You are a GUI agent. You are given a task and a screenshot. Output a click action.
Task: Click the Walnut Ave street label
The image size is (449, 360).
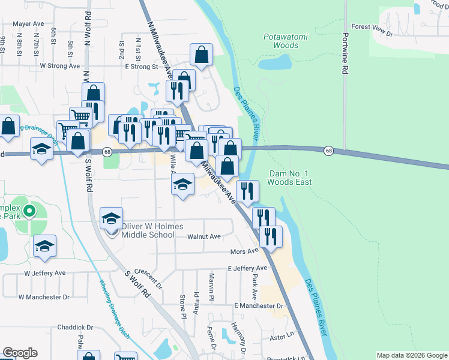(204, 236)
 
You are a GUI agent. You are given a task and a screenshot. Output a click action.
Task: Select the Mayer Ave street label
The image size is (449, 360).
(29, 24)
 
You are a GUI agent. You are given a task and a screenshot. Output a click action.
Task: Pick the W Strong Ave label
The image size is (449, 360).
(59, 65)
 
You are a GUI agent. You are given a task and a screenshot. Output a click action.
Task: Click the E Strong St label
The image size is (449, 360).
(141, 67)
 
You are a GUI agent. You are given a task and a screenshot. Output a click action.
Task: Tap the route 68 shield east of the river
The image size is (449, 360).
(329, 150)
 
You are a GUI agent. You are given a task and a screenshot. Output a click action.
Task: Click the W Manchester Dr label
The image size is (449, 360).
(44, 296)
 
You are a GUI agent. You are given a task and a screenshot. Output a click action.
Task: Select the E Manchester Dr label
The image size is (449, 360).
(259, 305)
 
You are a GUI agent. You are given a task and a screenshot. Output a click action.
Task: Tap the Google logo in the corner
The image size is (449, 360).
(20, 353)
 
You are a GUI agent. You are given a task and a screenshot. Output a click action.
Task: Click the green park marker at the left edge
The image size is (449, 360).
(27, 211)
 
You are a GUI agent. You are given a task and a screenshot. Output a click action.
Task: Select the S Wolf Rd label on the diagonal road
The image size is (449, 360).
(138, 287)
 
